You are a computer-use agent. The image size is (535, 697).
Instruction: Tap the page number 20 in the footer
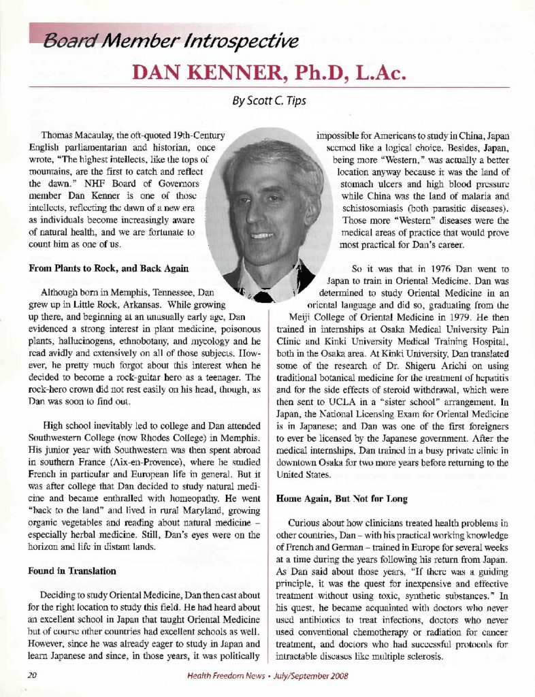[x=31, y=676]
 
